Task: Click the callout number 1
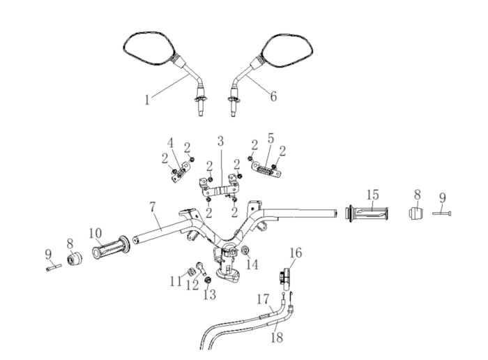(147, 100)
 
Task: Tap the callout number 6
(273, 96)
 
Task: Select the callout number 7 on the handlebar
(152, 207)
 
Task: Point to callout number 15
(372, 195)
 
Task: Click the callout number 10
(96, 233)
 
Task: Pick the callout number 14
(252, 264)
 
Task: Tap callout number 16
(296, 253)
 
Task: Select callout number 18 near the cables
(277, 337)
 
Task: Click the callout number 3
(220, 141)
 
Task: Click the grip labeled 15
(367, 213)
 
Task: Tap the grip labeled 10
(111, 247)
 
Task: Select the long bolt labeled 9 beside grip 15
(441, 213)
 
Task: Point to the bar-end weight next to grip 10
(75, 258)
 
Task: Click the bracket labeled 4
(181, 172)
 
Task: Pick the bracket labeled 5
(266, 170)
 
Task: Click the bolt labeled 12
(201, 269)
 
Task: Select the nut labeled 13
(207, 280)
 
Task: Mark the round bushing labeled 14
(245, 249)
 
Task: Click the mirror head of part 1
(148, 50)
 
